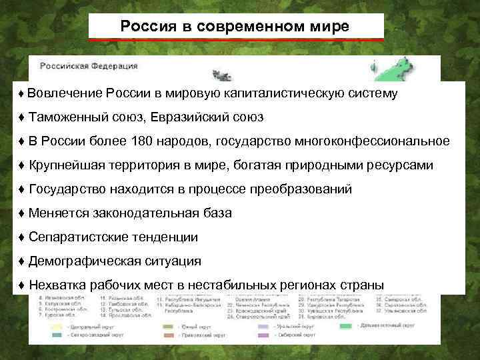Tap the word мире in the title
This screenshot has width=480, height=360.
click(x=331, y=27)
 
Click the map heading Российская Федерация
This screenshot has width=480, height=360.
click(x=89, y=66)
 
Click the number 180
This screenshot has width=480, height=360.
click(x=129, y=141)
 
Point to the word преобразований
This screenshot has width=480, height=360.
click(x=305, y=189)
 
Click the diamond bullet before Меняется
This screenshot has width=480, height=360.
click(x=22, y=213)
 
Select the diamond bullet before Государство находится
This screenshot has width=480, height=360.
click(x=22, y=189)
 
